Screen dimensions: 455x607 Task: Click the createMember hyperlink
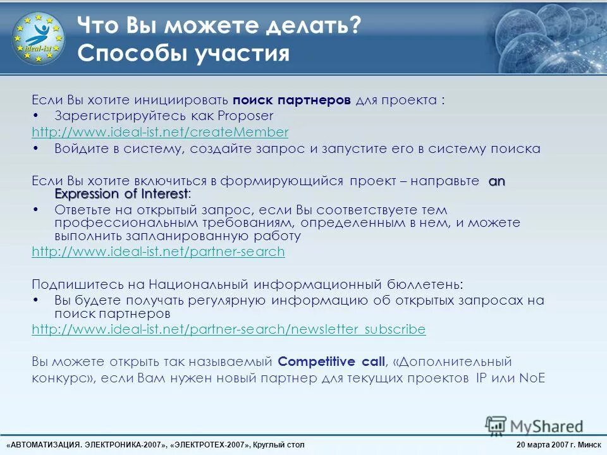click(160, 132)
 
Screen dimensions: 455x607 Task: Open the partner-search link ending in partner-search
click(158, 252)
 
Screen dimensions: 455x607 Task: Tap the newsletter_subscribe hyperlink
click(228, 329)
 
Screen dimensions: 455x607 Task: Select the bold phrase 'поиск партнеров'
click(291, 100)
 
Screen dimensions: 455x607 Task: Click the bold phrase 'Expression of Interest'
click(121, 193)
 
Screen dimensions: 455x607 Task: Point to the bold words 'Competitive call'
click(331, 362)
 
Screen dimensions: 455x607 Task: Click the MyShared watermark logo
click(534, 425)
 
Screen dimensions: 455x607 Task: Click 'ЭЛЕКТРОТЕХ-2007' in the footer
click(212, 445)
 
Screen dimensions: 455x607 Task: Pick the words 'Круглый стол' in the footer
click(278, 445)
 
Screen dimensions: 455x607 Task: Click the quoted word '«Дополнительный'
click(443, 362)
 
